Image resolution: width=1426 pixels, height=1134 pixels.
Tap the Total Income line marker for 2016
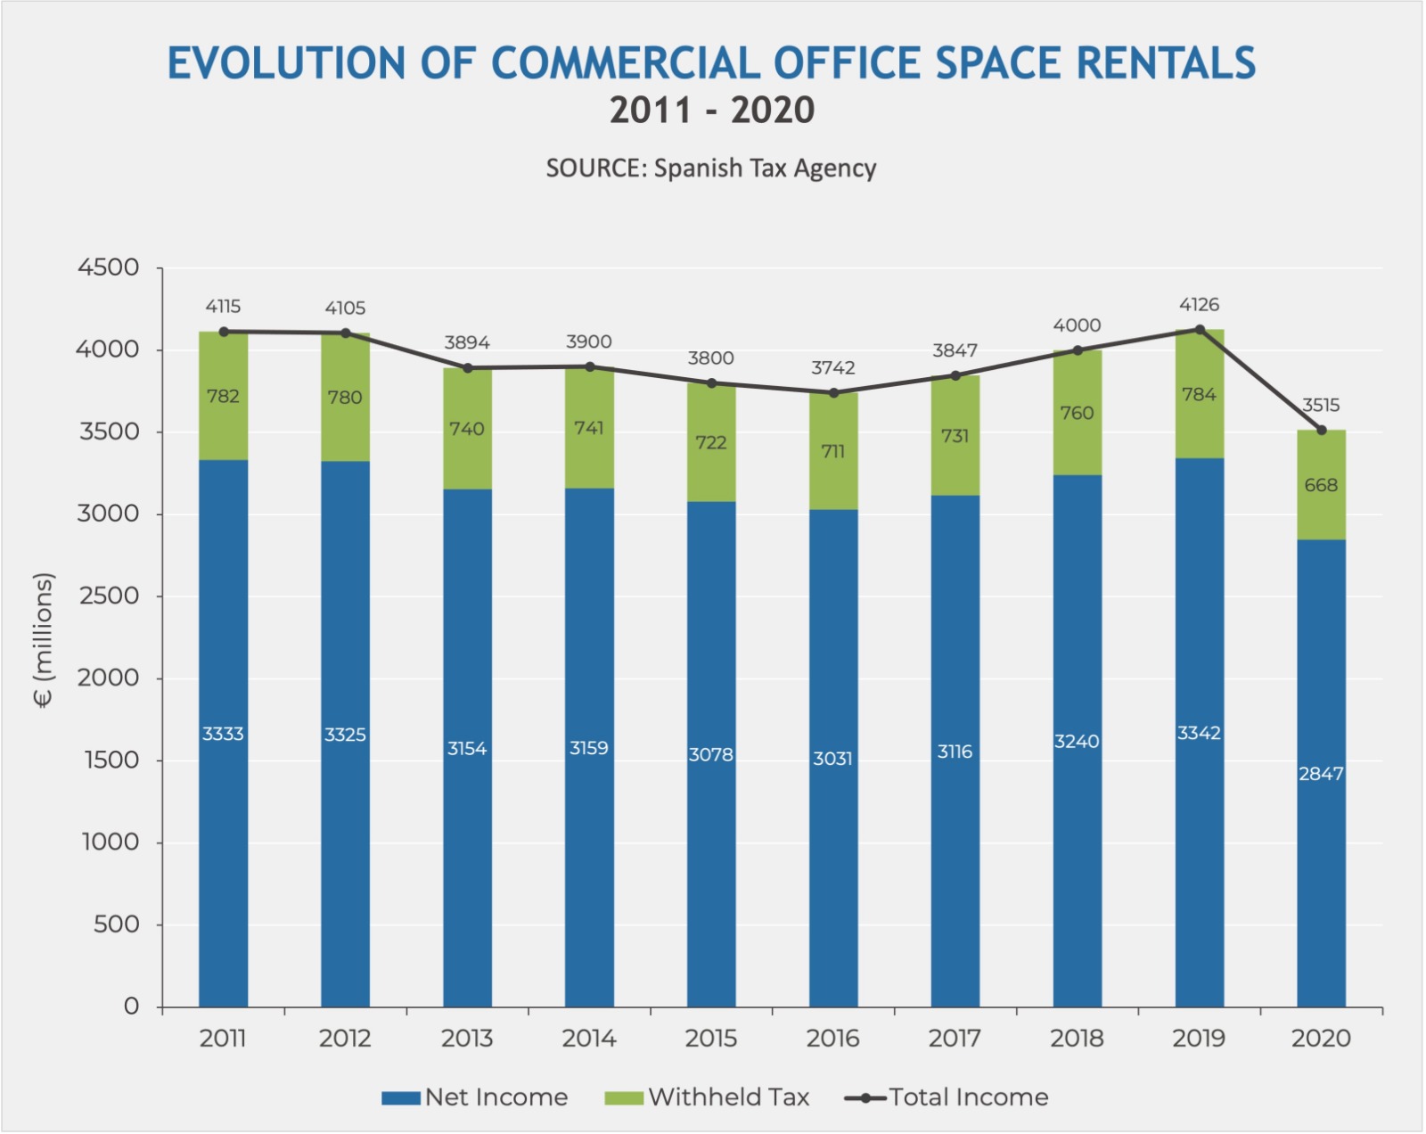coord(833,393)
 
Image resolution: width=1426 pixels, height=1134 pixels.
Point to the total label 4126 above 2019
coord(1199,305)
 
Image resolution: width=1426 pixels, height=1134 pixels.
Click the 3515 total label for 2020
coord(1321,406)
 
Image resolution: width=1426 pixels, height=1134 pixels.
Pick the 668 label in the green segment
coord(1321,486)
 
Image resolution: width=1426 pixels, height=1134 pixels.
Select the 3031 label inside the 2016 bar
coord(833,759)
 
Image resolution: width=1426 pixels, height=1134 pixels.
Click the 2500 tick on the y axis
coord(109,596)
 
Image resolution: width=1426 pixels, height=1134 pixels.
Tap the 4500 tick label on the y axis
coord(109,267)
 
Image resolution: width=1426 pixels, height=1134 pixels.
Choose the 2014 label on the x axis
coord(589,1039)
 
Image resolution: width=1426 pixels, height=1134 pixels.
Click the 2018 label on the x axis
coord(1077,1039)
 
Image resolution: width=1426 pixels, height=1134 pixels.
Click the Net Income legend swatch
coord(400,1098)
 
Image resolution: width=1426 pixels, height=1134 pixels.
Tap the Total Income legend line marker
coord(865,1098)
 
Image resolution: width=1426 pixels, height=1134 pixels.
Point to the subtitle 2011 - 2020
coord(712,111)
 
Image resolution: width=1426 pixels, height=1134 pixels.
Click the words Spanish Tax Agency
coord(765,168)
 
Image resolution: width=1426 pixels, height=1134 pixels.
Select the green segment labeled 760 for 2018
coord(1077,413)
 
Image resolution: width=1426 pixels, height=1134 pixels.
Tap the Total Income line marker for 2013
coord(467,368)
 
